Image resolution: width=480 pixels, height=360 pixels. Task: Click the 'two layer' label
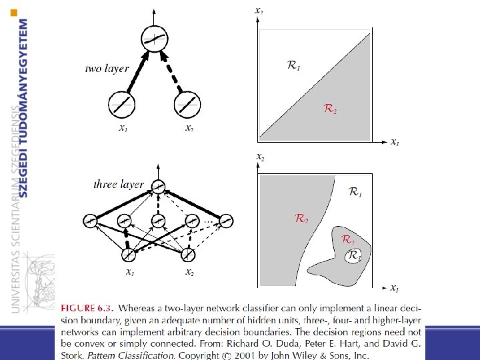[x=107, y=69]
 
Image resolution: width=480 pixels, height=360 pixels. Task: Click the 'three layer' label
[x=119, y=184]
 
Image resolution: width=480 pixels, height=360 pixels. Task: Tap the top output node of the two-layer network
[x=154, y=40]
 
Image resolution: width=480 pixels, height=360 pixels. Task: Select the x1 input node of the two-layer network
[x=122, y=105]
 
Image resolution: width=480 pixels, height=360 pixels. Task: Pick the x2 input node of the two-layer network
[x=187, y=105]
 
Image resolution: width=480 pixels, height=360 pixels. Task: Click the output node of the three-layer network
[x=157, y=188]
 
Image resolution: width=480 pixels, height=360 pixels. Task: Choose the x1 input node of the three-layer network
[x=128, y=254]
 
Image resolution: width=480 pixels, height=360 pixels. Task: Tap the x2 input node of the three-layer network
[x=188, y=254]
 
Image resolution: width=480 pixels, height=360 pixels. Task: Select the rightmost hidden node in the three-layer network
[x=226, y=221]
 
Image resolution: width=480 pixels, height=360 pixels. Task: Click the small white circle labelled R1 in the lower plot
[x=352, y=255]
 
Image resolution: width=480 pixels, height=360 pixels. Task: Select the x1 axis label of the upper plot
[x=395, y=142]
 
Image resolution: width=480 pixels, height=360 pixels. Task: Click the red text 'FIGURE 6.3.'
[x=87, y=308]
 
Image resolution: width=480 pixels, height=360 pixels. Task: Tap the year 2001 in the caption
[x=249, y=355]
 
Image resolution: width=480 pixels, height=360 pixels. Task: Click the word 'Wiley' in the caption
[x=306, y=355]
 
